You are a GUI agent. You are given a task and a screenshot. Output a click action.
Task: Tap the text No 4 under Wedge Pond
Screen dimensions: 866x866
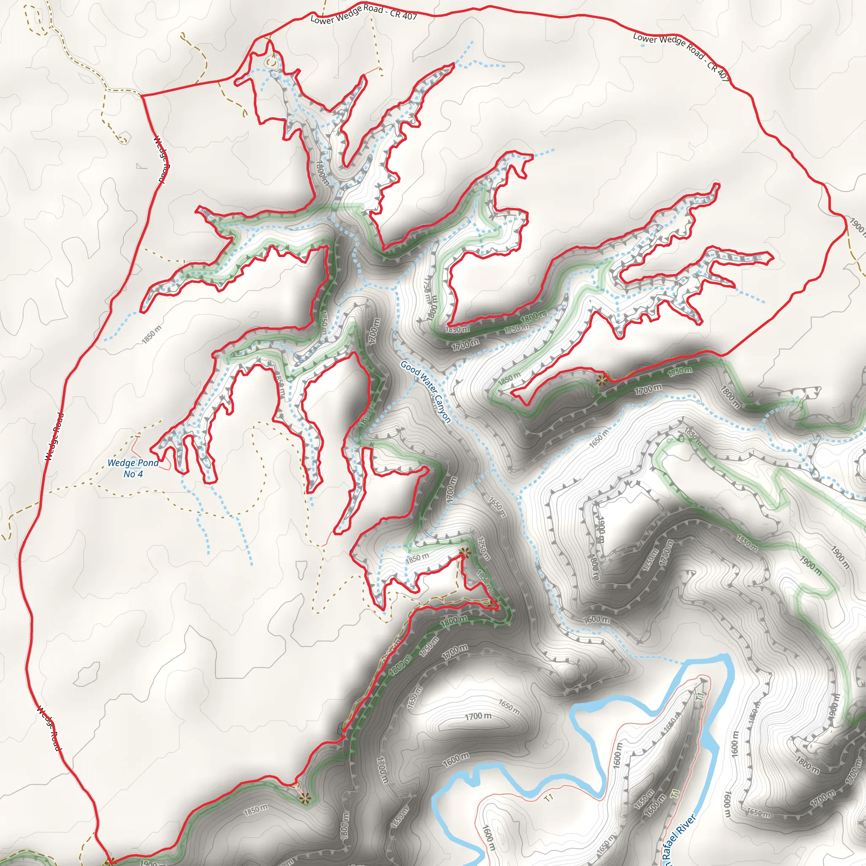133,474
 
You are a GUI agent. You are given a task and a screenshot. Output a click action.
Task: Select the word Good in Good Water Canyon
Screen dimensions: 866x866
409,366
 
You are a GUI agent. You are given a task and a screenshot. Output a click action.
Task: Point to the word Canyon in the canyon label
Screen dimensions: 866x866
442,409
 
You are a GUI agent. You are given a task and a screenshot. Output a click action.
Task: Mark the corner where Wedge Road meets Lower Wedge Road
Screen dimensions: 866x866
142,96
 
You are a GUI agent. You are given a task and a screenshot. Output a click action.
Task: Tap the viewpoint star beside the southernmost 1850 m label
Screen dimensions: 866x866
305,798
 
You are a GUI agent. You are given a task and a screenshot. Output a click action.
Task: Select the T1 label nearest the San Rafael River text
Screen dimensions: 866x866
675,793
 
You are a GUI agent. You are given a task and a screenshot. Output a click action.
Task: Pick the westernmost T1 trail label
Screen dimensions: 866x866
548,797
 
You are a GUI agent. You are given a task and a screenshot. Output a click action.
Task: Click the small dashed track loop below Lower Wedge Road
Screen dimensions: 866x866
271,62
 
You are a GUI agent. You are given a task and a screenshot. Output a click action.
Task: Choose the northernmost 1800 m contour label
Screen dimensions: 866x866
322,173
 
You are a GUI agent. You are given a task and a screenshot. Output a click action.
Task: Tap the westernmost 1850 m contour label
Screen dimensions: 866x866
151,335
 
